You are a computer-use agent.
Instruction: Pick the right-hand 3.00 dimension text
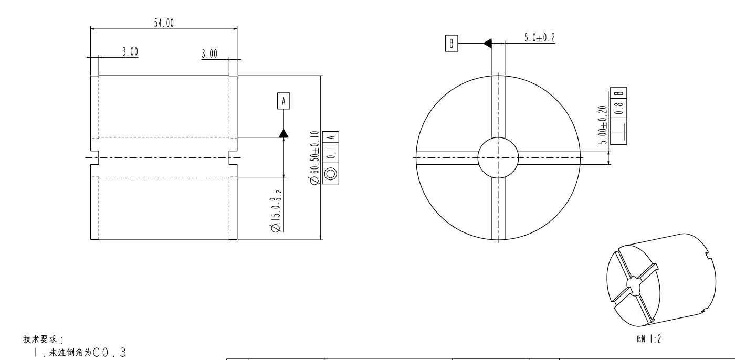tap(209, 54)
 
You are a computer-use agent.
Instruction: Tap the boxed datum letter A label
tap(283, 101)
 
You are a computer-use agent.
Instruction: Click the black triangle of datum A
tap(283, 133)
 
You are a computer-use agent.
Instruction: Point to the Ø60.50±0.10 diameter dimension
tap(315, 157)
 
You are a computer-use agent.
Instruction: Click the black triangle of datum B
tap(487, 43)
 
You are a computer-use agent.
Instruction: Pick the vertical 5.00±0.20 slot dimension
tap(603, 124)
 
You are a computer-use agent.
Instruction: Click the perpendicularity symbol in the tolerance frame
tap(618, 128)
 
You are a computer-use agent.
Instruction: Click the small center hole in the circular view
tap(498, 157)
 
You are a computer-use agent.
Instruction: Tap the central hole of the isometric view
tap(633, 287)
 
